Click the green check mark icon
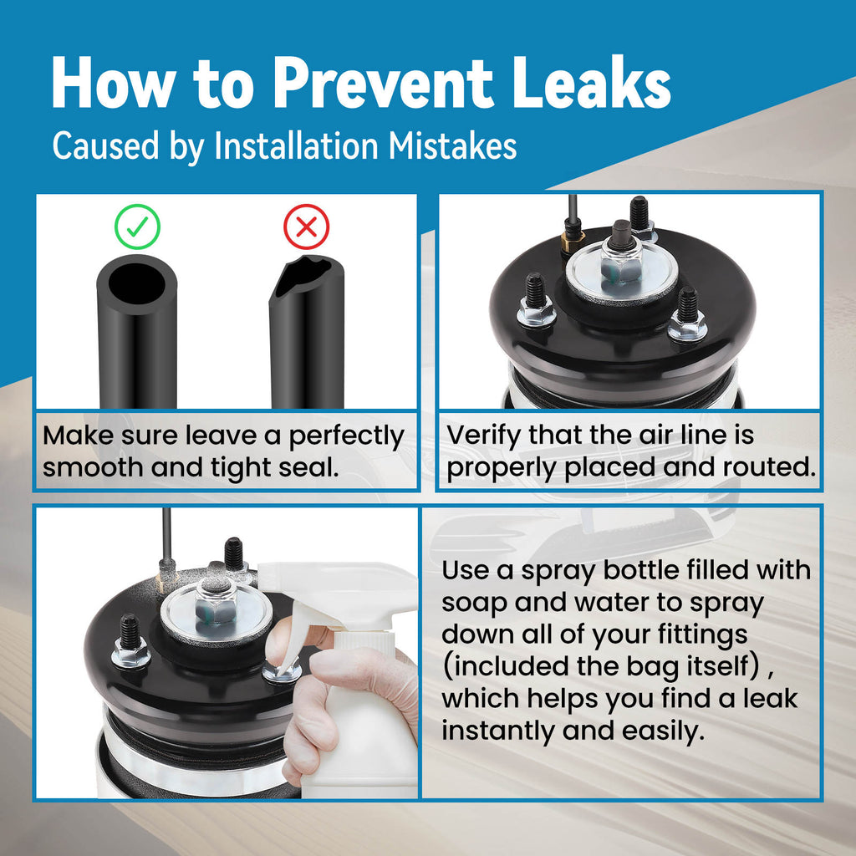pyautogui.click(x=137, y=227)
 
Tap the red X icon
pyautogui.click(x=306, y=227)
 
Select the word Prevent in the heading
pyautogui.click(x=383, y=83)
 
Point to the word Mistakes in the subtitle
pyautogui.click(x=452, y=145)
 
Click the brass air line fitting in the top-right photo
pyautogui.click(x=573, y=240)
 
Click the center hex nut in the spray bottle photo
pyautogui.click(x=217, y=605)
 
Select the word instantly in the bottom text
pyautogui.click(x=498, y=731)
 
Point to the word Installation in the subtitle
pyautogui.click(x=297, y=145)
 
